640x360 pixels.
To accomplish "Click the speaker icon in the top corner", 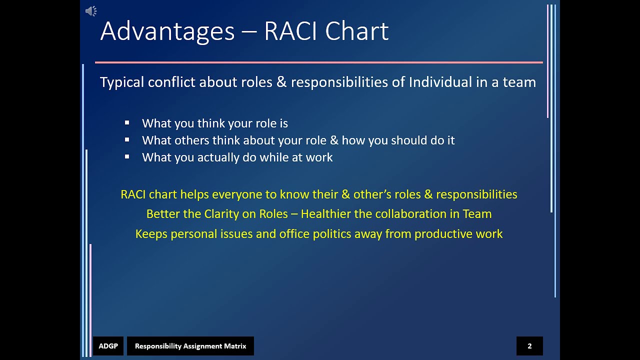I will [91, 11].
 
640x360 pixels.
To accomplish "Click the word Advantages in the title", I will [167, 31].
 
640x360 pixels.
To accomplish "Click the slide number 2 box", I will [529, 346].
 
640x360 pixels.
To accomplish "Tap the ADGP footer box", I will [108, 346].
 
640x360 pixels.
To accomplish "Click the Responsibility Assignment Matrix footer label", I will [190, 346].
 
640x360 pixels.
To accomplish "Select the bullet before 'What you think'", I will [127, 122].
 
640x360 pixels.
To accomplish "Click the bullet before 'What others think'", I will [127, 139].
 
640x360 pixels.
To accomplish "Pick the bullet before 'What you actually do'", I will [127, 156].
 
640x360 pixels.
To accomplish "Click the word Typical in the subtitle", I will [122, 82].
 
